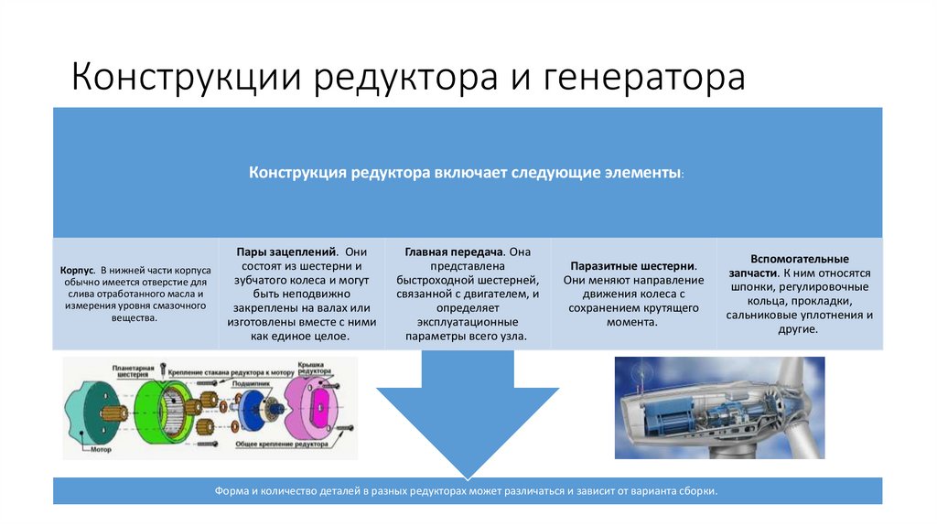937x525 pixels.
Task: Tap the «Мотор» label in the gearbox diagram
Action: [101, 450]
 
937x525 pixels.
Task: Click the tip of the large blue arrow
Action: [468, 477]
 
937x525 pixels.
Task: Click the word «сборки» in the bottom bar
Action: [699, 491]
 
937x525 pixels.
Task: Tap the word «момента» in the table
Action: [632, 322]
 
